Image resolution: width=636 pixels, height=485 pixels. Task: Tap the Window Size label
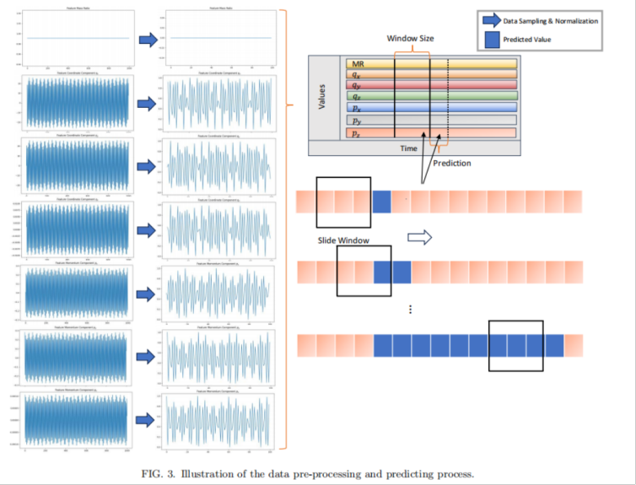point(409,39)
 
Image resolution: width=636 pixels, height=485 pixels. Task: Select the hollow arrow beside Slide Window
point(419,238)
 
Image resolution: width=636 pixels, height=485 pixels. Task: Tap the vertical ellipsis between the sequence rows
point(409,310)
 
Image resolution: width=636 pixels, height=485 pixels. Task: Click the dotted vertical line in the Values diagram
point(447,97)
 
